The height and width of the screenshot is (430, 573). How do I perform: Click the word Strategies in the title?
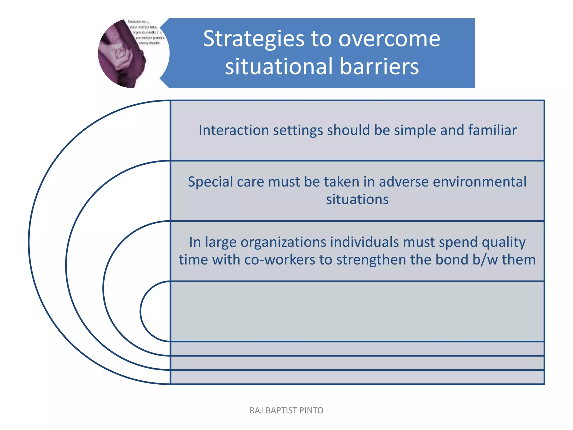point(253,39)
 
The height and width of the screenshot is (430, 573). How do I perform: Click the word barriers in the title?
point(379,67)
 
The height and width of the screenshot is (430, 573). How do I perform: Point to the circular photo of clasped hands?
point(131,53)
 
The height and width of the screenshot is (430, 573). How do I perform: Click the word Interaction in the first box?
point(234,130)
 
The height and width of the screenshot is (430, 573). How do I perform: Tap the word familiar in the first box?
point(492,130)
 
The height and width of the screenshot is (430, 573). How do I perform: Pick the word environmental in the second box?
point(480,182)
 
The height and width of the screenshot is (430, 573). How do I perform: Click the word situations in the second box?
point(357,200)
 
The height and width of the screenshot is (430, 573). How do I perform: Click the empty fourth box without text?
point(357,311)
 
